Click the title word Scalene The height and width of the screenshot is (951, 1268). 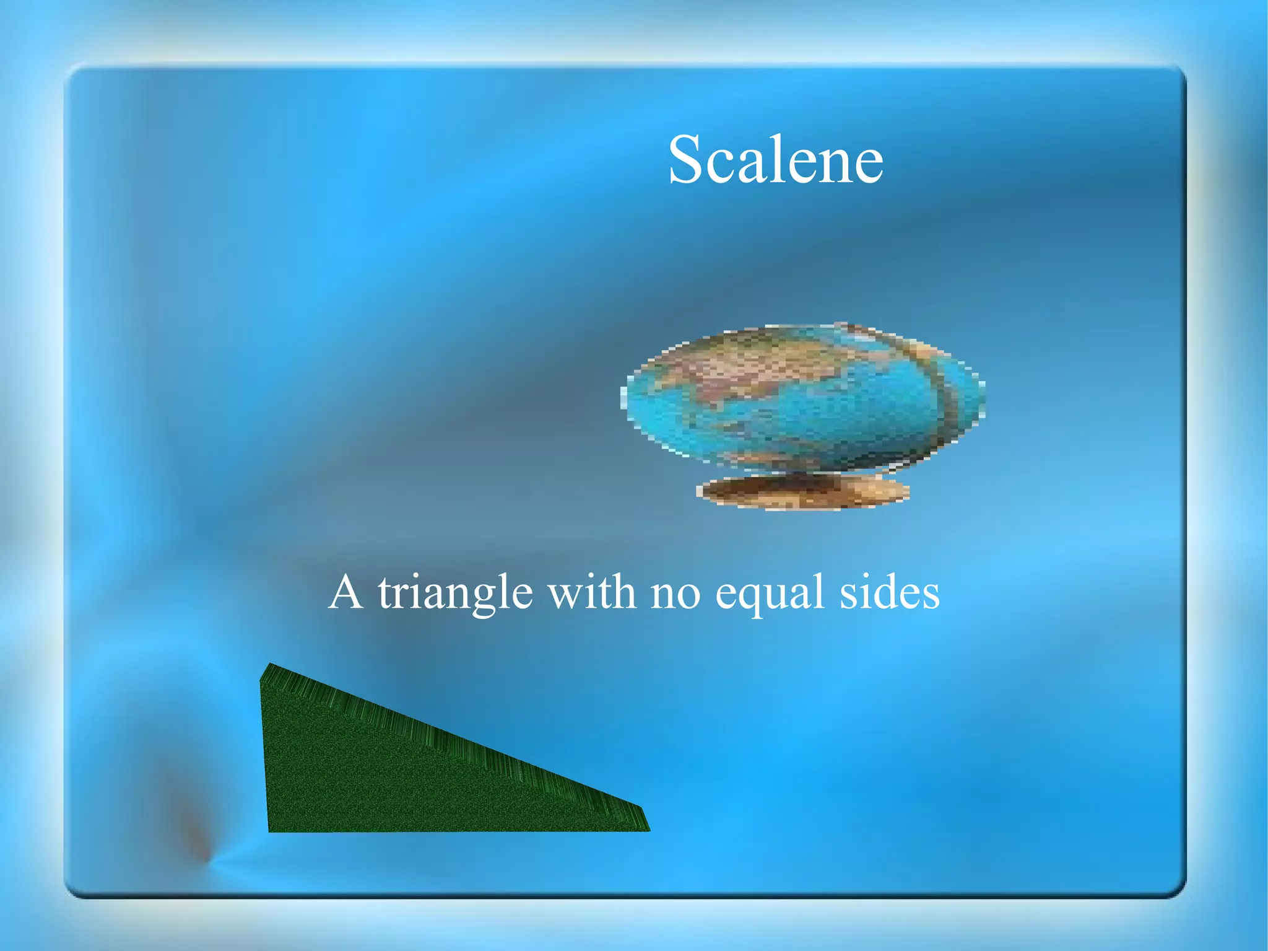point(775,160)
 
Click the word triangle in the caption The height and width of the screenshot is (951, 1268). point(455,594)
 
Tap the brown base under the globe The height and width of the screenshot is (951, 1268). point(804,493)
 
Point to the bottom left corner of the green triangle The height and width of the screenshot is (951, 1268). point(270,830)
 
